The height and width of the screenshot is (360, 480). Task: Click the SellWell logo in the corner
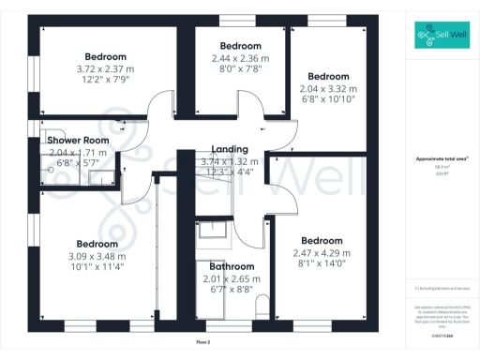pyautogui.click(x=442, y=37)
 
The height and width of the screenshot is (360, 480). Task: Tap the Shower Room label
pyautogui.click(x=78, y=141)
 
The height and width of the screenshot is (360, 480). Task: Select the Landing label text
pyautogui.click(x=230, y=149)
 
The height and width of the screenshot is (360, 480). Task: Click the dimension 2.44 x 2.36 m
pyautogui.click(x=240, y=57)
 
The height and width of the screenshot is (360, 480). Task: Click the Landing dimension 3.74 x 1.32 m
pyautogui.click(x=230, y=160)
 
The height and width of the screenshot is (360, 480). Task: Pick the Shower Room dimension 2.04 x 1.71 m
pyautogui.click(x=78, y=152)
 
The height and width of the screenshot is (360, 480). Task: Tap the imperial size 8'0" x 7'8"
pyautogui.click(x=240, y=67)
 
